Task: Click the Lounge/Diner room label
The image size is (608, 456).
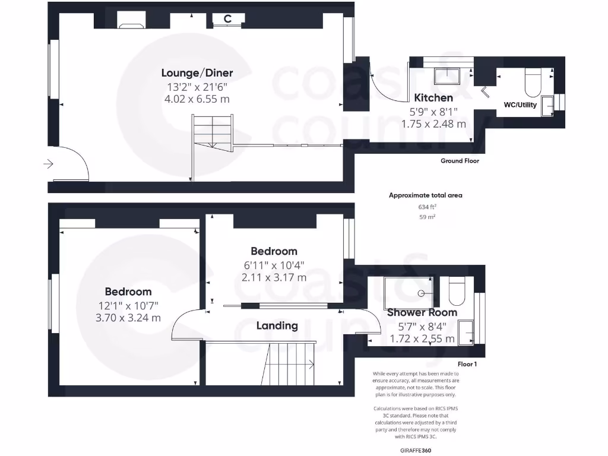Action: click(197, 73)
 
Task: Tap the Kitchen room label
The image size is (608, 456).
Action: click(433, 98)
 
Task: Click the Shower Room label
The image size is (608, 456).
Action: click(422, 312)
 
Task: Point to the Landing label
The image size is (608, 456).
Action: click(277, 325)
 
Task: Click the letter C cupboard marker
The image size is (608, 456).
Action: click(227, 19)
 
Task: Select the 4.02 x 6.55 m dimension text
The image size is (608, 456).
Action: click(197, 99)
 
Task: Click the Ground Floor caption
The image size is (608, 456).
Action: click(460, 161)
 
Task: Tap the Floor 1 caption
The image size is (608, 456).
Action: click(467, 364)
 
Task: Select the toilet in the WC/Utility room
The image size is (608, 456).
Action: click(532, 83)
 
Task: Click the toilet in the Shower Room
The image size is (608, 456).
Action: click(457, 290)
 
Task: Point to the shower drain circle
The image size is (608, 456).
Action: click(422, 293)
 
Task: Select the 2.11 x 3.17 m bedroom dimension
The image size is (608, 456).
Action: click(274, 277)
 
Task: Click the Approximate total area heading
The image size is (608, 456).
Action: click(425, 195)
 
